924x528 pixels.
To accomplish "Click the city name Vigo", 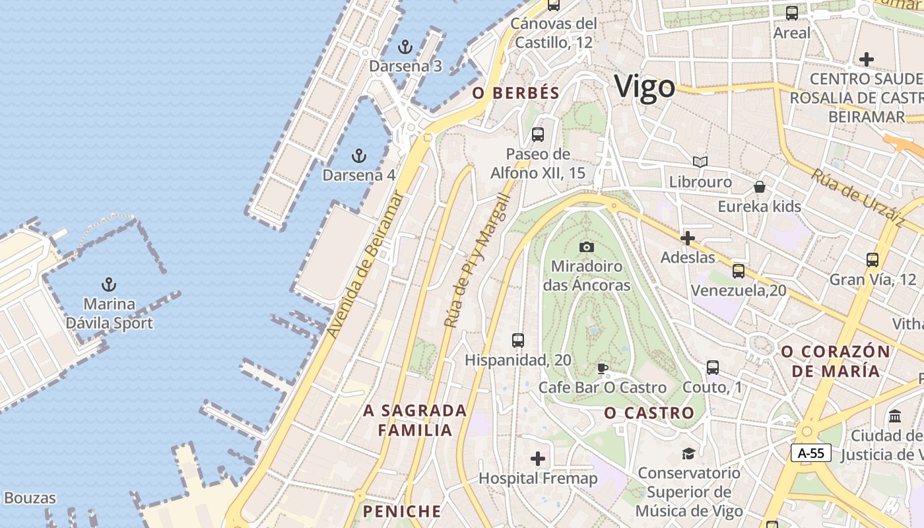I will pos(645,87).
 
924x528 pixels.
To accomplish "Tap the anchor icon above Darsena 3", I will pos(405,47).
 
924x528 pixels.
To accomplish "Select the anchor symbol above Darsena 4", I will pos(358,156).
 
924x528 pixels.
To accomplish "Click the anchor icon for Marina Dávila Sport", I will pos(109,284).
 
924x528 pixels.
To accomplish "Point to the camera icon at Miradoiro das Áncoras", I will pos(586,247).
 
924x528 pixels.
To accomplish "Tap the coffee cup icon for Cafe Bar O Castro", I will pos(602,368).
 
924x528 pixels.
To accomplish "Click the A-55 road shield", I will pos(810,453).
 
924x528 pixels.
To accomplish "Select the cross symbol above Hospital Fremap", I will pos(538,458).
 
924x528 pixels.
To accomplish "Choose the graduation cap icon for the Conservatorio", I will pos(688,453).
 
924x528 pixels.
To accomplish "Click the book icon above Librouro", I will pos(700,162).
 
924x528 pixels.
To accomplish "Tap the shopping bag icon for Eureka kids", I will pos(760,187).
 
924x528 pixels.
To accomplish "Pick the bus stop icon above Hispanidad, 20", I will pos(518,341).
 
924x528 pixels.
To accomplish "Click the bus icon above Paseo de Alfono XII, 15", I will pos(538,135).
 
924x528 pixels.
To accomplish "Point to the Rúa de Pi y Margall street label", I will pos(478,261).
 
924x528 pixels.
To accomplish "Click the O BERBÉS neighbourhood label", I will pos(516,93).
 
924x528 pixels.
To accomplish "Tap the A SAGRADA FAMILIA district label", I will pos(415,420).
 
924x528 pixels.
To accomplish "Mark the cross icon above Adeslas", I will pos(688,238).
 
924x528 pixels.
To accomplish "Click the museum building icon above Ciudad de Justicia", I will pos(895,416).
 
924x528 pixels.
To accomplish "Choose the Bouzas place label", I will pos(30,498).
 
